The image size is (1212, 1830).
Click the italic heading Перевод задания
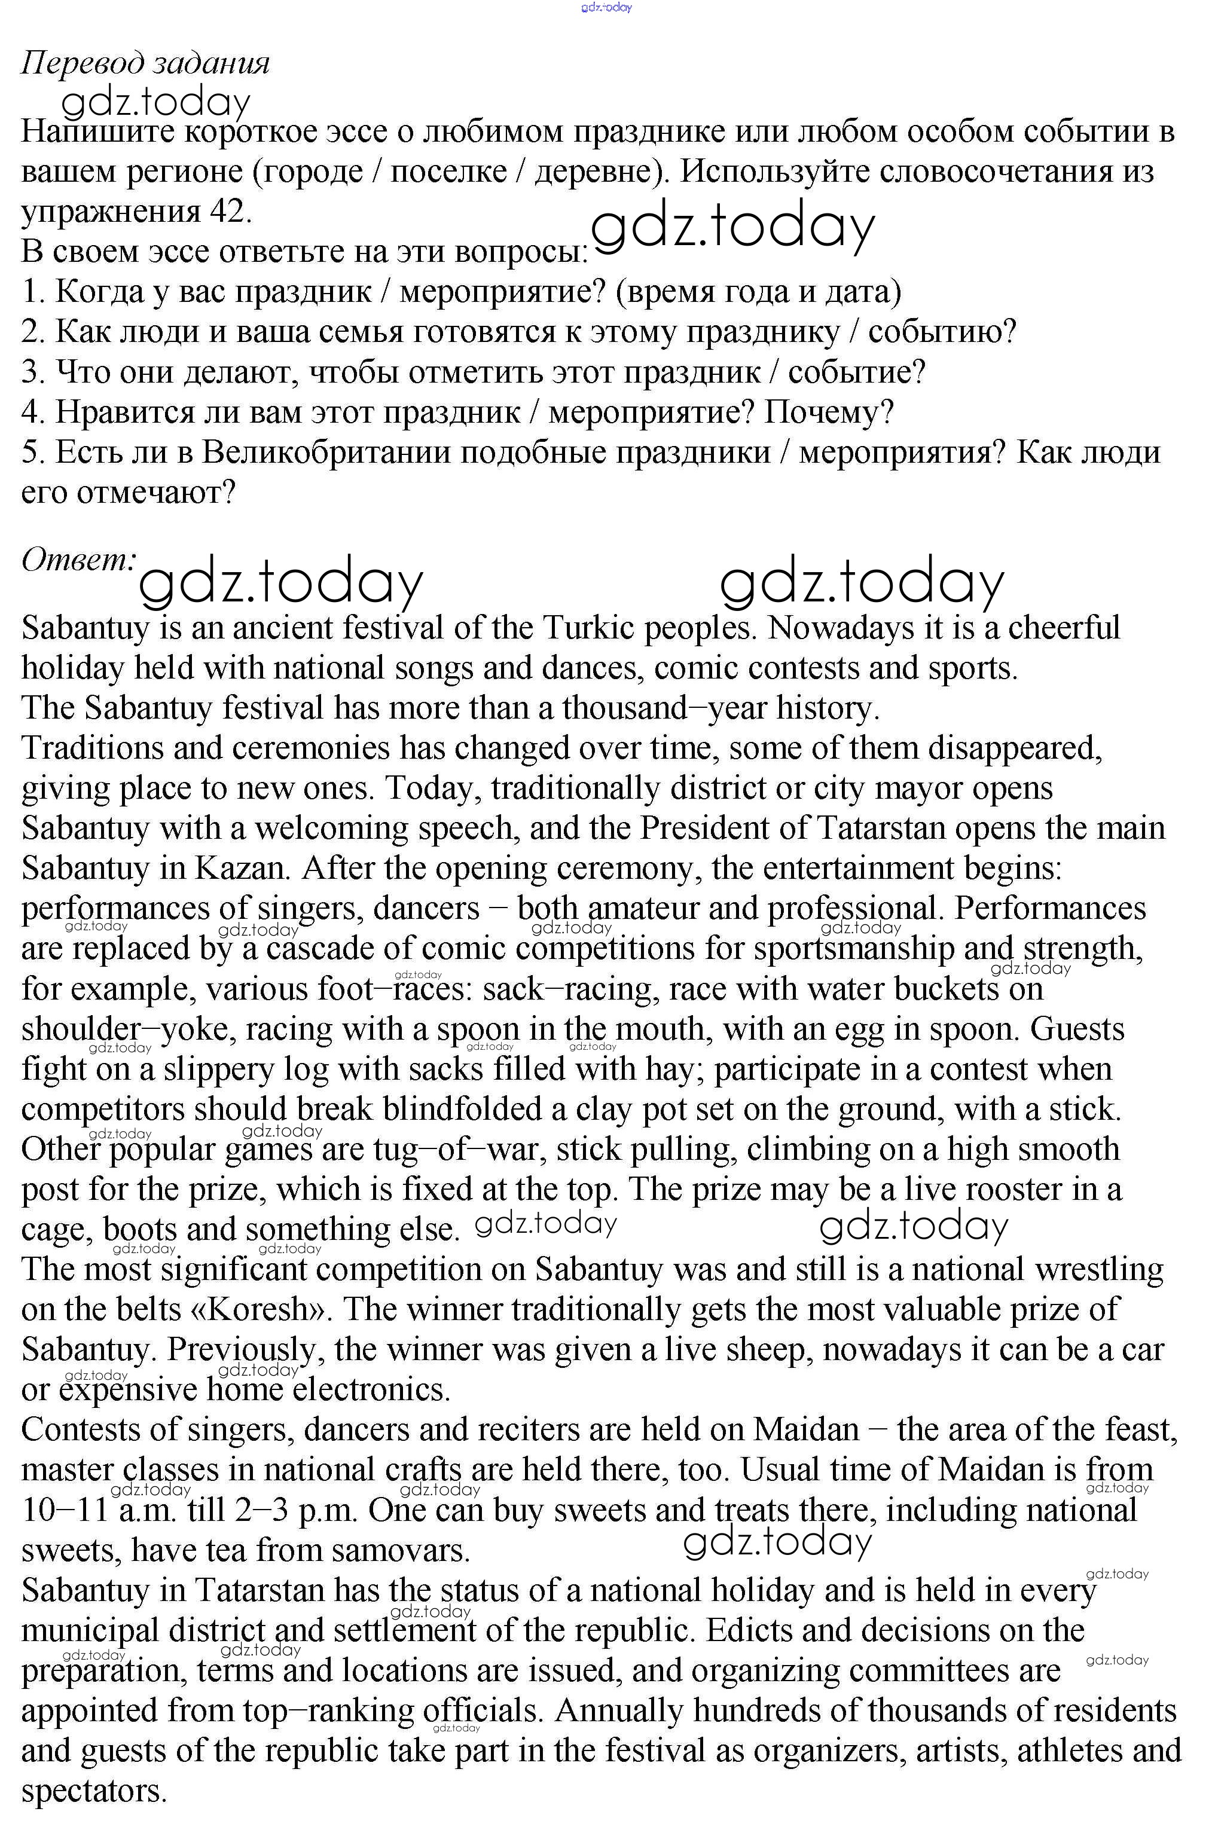(x=145, y=64)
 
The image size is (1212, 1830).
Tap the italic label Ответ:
(x=79, y=560)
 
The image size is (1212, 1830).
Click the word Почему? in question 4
(x=829, y=413)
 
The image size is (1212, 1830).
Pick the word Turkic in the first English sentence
(x=588, y=628)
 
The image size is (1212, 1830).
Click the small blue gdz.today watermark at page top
(x=606, y=8)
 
